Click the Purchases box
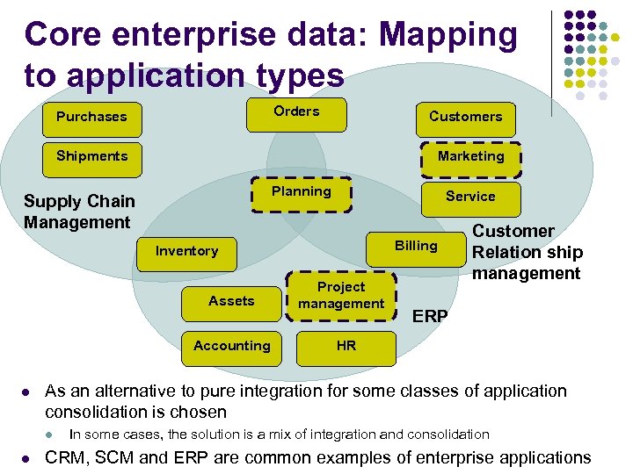(91, 117)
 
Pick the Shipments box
(91, 156)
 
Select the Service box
(470, 197)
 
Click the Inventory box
(186, 251)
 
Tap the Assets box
(231, 301)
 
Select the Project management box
(341, 295)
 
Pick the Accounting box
(232, 346)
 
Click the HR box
(346, 346)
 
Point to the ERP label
(430, 316)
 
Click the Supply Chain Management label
(79, 212)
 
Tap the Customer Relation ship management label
(527, 252)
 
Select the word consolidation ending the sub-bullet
(446, 434)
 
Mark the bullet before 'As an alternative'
(28, 391)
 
